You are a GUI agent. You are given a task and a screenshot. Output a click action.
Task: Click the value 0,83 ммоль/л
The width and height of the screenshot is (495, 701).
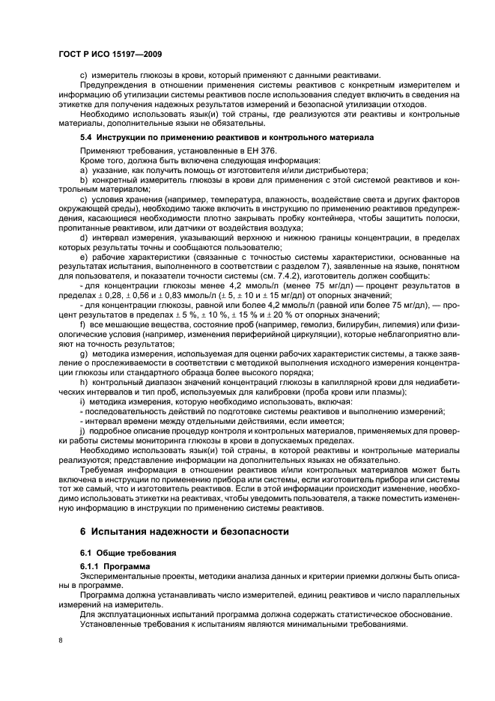point(186,285)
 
